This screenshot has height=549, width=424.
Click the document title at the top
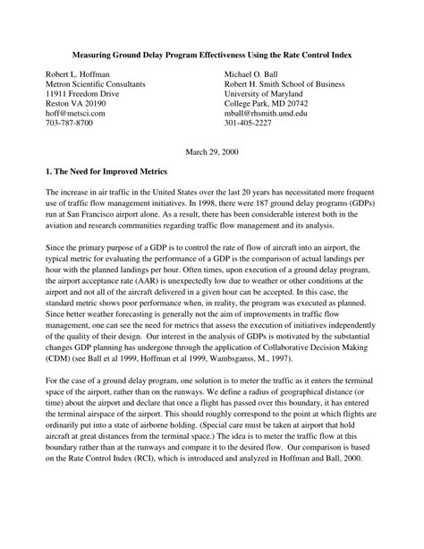212,56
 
